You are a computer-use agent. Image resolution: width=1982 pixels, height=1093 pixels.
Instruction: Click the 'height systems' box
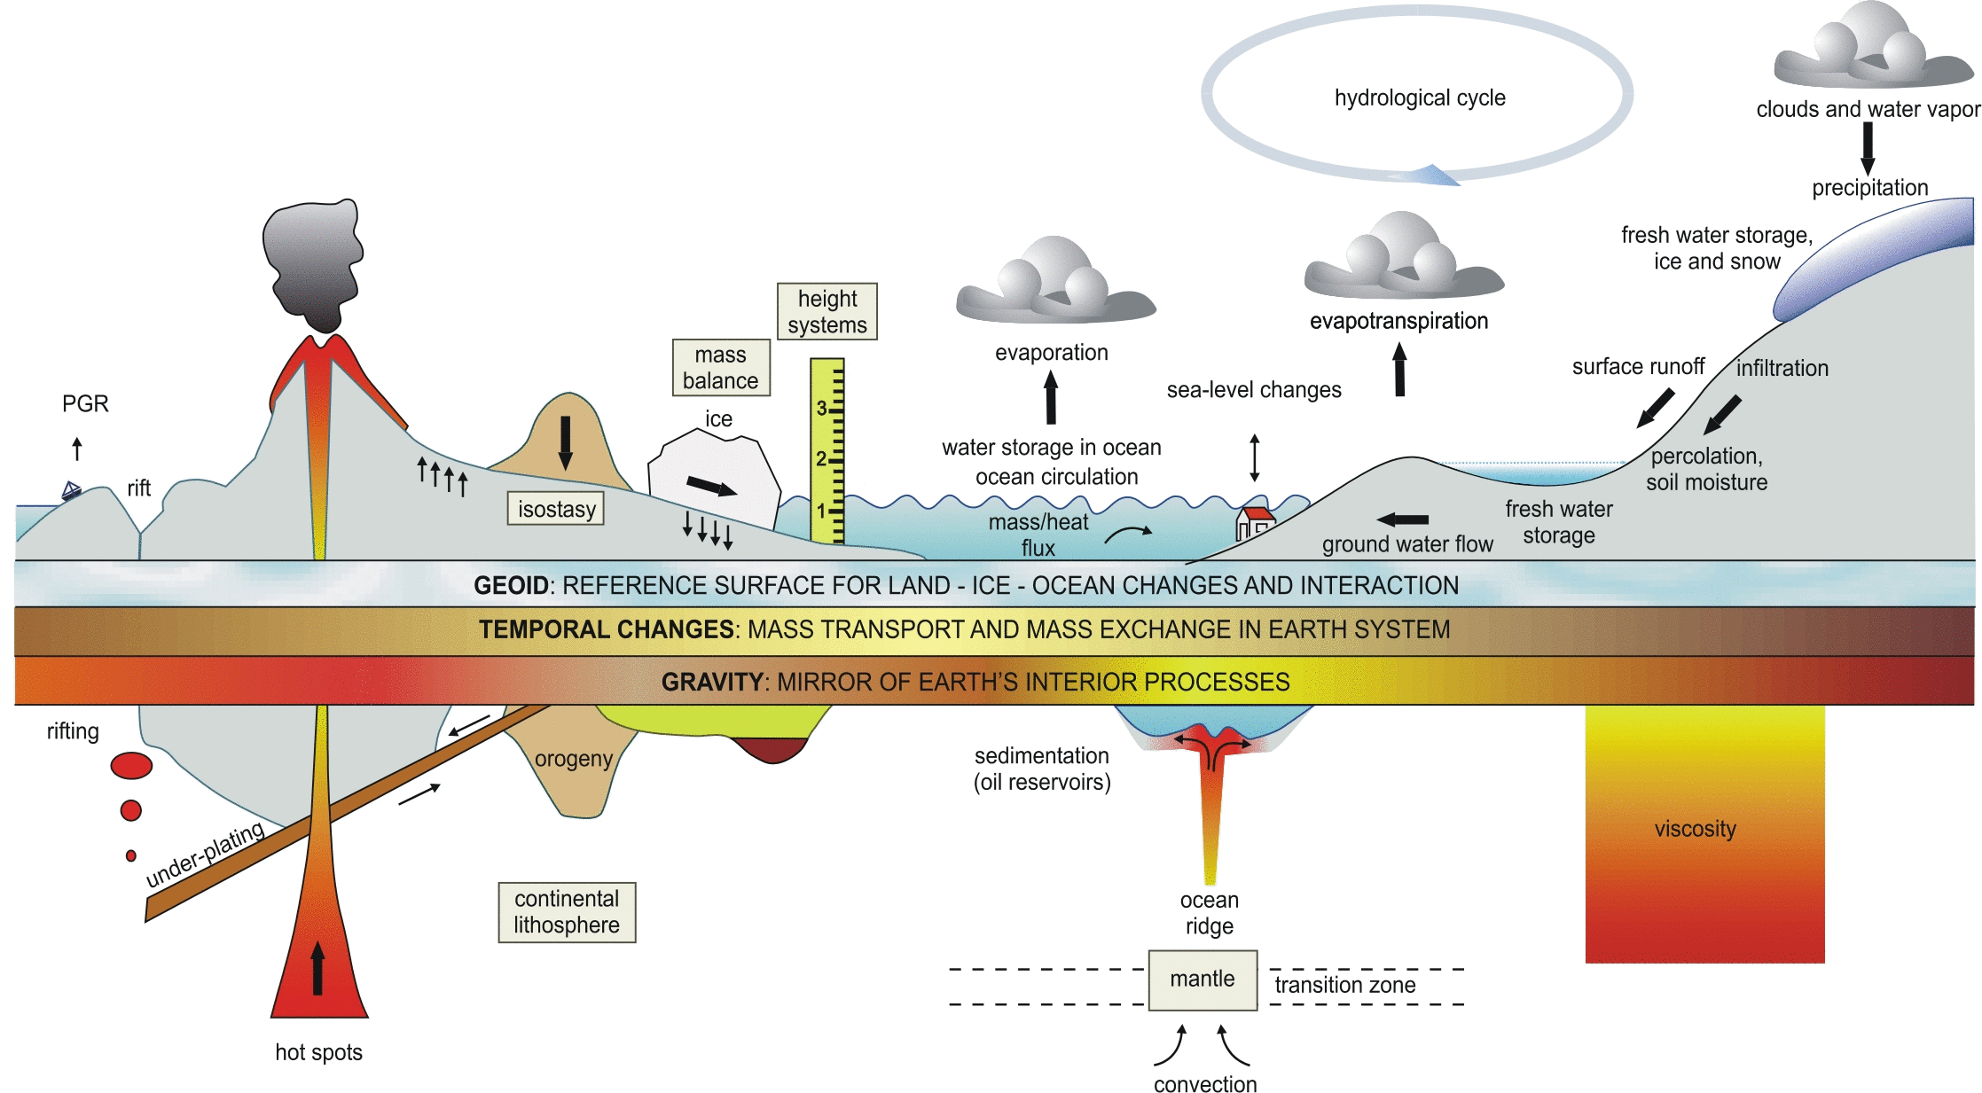pos(826,311)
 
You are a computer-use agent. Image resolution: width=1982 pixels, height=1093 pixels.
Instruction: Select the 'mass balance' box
pos(720,367)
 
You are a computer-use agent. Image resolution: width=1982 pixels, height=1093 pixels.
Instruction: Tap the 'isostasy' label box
pos(556,509)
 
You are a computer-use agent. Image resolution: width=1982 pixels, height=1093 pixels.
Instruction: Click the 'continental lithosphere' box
pos(567,911)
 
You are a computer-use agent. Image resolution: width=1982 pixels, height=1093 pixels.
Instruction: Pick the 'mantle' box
pos(1203,980)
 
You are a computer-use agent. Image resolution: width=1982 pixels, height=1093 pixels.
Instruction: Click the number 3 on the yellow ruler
pos(821,408)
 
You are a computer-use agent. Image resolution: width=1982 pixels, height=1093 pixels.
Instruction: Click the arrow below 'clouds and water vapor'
pos(1868,148)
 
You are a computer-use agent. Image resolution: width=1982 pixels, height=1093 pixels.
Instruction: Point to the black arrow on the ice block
pos(711,486)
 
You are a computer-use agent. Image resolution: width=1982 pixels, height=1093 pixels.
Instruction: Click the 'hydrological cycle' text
pos(1420,98)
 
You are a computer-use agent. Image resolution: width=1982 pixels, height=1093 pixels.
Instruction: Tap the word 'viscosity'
pos(1695,829)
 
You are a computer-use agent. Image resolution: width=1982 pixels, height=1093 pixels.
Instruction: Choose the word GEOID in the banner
pos(511,585)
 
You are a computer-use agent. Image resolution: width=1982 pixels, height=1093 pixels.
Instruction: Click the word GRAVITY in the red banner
pos(712,682)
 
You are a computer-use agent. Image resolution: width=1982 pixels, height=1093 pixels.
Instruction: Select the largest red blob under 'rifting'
pos(131,765)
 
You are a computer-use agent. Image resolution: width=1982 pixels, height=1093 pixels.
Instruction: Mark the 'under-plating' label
pos(205,855)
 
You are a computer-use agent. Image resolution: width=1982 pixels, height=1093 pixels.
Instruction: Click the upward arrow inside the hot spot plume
pos(317,968)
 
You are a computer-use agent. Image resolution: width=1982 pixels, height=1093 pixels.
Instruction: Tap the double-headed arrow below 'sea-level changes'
pos(1254,457)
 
